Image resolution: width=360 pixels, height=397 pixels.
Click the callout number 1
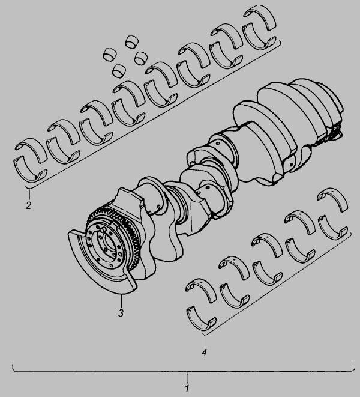click(187, 388)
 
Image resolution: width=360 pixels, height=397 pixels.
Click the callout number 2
click(29, 205)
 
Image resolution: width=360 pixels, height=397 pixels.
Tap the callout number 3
click(121, 313)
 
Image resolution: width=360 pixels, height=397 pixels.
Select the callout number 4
click(204, 352)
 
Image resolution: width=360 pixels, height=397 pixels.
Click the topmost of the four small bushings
click(132, 41)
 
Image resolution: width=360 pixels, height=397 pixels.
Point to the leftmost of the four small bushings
click(110, 54)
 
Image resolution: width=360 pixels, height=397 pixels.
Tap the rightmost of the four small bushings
click(140, 58)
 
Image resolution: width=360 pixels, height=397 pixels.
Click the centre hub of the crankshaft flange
click(109, 244)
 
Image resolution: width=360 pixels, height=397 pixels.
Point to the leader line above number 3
click(121, 300)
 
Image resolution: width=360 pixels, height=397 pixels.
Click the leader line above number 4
click(205, 341)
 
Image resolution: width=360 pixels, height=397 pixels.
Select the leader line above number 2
click(29, 194)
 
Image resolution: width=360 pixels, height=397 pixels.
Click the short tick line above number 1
click(187, 377)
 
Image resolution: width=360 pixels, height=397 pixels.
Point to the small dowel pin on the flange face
click(103, 229)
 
